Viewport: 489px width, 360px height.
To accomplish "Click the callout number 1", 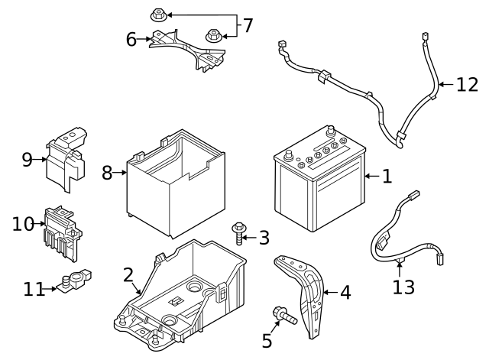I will pos(387,177).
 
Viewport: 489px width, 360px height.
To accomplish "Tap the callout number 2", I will pos(128,274).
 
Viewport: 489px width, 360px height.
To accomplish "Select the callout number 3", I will pos(264,238).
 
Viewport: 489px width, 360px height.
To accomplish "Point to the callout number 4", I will pos(345,292).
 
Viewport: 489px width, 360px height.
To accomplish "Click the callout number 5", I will pos(267,340).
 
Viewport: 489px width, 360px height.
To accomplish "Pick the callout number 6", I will pos(131,39).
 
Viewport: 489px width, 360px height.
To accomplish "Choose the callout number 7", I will pos(247,25).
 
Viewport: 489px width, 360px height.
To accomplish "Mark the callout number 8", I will pos(108,174).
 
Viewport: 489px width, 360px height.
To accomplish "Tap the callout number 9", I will pos(28,159).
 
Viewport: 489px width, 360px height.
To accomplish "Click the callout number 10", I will pos(23,224).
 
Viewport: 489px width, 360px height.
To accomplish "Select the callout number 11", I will pos(34,289).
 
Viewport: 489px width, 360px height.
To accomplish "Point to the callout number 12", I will pos(466,84).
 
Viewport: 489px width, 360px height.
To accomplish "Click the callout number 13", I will pos(403,287).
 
